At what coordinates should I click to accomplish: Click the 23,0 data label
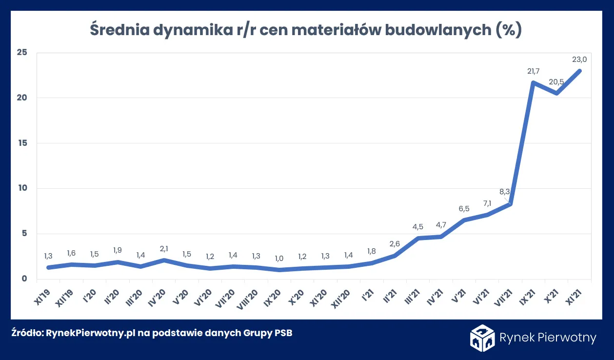pos(579,60)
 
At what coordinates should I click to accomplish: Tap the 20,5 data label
pos(556,82)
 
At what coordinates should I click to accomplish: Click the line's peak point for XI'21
pos(579,71)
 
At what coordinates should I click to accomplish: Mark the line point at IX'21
pos(534,83)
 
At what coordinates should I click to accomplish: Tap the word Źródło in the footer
pos(26,334)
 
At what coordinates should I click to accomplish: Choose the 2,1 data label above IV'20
pos(164,249)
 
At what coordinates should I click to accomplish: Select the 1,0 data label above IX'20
pos(279,259)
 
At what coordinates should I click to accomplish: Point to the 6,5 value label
pos(464,209)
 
